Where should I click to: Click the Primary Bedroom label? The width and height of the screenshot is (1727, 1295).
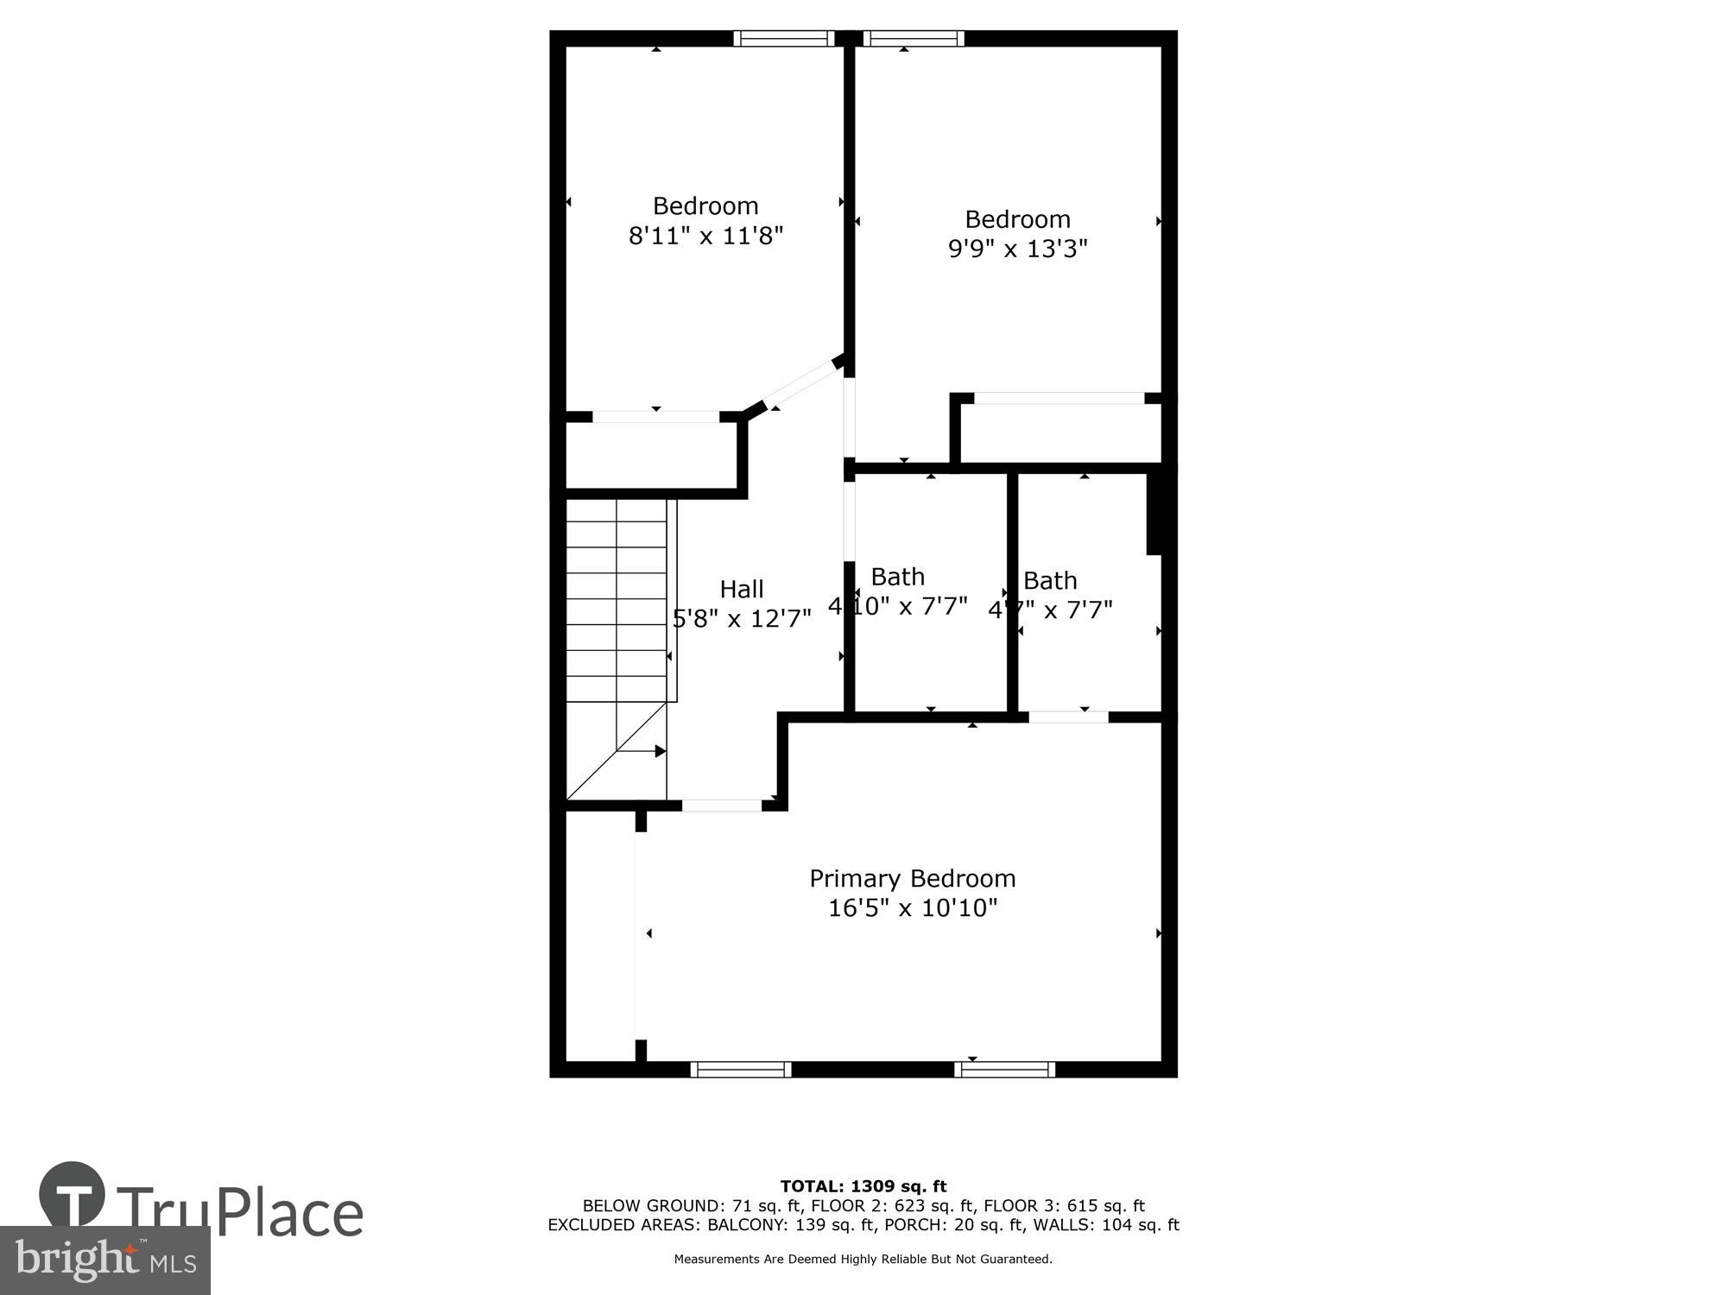(912, 879)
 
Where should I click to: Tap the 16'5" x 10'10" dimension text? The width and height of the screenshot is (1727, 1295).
(912, 908)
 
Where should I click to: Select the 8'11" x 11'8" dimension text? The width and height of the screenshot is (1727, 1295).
(705, 236)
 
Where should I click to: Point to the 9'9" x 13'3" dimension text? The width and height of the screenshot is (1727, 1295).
(1017, 249)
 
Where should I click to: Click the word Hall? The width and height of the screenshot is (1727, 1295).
(741, 590)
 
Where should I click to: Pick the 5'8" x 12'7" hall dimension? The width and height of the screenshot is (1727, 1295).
(741, 619)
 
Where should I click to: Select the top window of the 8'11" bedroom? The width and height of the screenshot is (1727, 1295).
(783, 38)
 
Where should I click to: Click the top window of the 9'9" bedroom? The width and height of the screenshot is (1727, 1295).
(913, 38)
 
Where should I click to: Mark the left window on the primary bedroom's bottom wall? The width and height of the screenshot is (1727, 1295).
(740, 1070)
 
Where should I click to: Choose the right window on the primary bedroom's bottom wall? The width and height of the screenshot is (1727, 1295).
(1004, 1070)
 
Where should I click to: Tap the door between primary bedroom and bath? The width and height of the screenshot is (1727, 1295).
(1068, 717)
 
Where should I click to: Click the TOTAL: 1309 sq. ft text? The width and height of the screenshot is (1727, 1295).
(863, 1186)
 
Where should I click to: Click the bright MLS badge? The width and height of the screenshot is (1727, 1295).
(104, 1260)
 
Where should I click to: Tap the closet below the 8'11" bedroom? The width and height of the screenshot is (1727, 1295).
(651, 455)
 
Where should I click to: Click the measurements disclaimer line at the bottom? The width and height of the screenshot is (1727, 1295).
(863, 1260)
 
